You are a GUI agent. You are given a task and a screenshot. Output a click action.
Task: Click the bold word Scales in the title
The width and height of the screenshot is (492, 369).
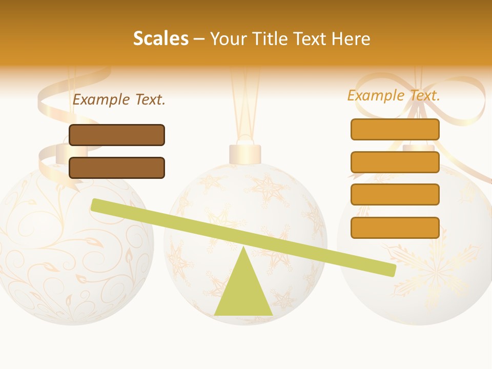[x=160, y=38]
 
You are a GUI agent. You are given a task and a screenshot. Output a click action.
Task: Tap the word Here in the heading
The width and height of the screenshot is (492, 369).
[x=351, y=38]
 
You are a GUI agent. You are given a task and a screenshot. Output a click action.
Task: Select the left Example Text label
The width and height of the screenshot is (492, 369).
[x=119, y=99]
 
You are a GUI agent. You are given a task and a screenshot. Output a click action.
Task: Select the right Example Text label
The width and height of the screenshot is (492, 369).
[x=394, y=95]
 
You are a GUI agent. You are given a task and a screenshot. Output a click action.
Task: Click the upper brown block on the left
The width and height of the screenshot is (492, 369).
[x=117, y=135]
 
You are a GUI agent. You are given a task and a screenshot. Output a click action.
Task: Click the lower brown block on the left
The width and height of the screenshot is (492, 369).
[x=117, y=168]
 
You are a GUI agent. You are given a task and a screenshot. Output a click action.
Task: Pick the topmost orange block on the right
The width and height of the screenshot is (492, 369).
[x=395, y=129]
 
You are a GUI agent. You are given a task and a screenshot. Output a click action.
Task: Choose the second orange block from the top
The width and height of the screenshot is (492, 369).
[x=395, y=162]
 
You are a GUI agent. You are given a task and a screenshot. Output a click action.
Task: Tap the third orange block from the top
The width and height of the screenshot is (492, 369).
[x=395, y=194]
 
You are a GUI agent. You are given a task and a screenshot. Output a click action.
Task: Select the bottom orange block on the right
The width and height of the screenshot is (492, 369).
[x=395, y=228]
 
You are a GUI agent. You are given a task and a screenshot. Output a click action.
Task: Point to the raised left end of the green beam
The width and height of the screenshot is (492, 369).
[x=97, y=205]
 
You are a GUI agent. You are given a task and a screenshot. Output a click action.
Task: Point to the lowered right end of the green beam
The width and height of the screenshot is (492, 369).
[x=389, y=269]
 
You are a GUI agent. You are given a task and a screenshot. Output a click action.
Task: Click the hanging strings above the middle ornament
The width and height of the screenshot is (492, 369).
[x=245, y=102]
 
